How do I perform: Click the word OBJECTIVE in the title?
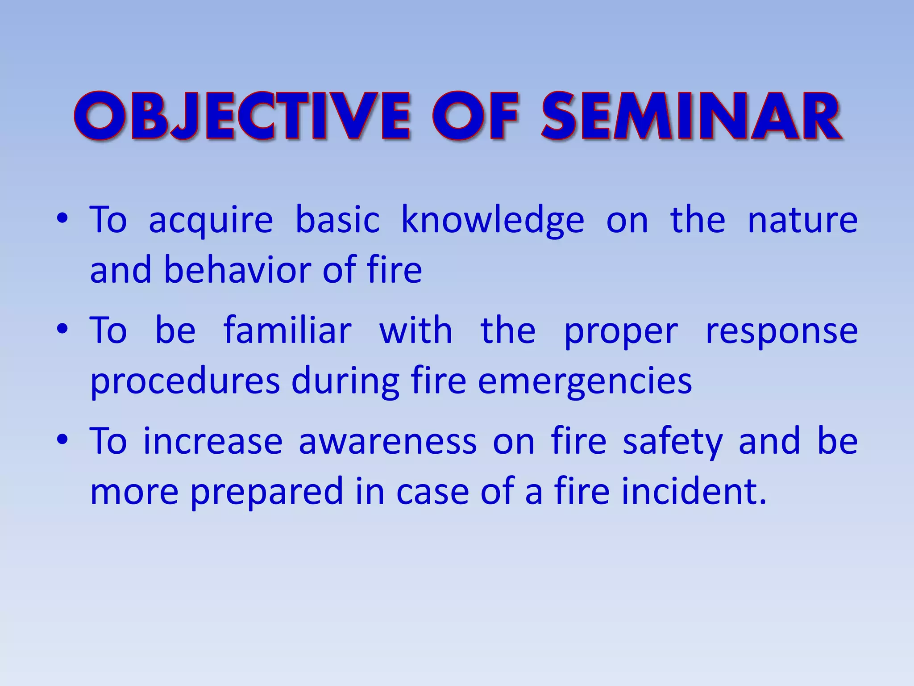pos(242,116)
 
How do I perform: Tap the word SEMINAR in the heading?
pos(692,116)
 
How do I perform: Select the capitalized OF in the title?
pos(476,116)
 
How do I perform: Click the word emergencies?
pos(585,382)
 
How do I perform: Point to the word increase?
pos(213,441)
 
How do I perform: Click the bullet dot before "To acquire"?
pos(62,219)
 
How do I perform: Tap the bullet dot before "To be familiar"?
pos(62,329)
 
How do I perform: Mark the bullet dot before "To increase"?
pos(62,439)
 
